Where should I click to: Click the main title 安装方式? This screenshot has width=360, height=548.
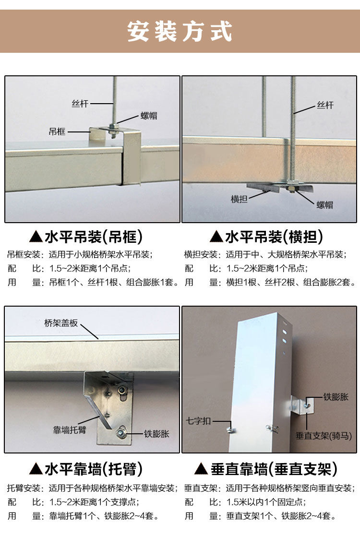[180, 32]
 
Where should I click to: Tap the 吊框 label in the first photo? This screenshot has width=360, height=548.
[57, 132]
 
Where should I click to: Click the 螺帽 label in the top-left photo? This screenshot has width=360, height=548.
[149, 116]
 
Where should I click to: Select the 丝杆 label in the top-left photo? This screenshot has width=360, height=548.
[80, 104]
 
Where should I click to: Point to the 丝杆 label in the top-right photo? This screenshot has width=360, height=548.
[325, 105]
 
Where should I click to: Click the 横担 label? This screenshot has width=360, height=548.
[239, 199]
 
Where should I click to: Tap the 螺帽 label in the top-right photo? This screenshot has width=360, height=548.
[324, 205]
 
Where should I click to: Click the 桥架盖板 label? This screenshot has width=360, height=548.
[61, 323]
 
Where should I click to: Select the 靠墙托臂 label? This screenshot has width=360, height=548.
[70, 430]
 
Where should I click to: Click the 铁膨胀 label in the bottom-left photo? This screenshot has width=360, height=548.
[156, 434]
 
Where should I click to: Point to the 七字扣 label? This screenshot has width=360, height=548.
[199, 421]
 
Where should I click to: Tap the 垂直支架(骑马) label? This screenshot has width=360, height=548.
[324, 436]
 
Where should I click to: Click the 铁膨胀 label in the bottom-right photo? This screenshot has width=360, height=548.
[336, 397]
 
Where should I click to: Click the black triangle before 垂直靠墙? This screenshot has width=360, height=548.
[201, 469]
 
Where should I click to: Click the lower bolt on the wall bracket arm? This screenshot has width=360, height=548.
[121, 433]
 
